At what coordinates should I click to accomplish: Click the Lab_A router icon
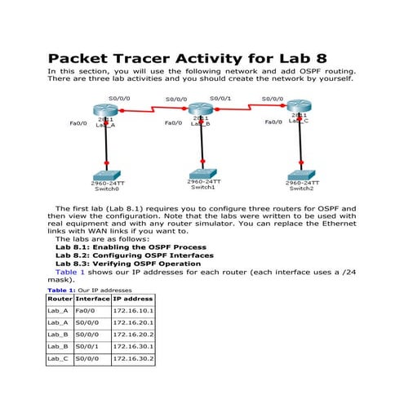point(105,110)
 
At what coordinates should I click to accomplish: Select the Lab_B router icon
point(201,109)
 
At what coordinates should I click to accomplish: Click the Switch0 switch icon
point(105,175)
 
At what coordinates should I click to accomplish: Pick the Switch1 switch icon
point(202,174)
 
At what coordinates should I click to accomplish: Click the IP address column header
point(132,300)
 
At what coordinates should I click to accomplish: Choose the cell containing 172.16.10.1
point(132,311)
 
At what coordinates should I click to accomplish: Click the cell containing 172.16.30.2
point(132,358)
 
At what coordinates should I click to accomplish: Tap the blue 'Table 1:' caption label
point(61,291)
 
